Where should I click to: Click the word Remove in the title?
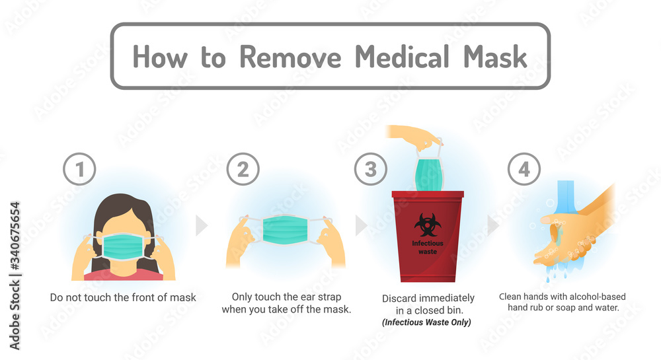click(x=290, y=57)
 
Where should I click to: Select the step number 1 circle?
click(x=80, y=170)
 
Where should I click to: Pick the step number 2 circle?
click(x=243, y=170)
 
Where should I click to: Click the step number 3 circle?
click(x=371, y=170)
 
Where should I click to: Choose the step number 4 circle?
click(x=524, y=170)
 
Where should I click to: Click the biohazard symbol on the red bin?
click(x=428, y=225)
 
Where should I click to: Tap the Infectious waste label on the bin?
click(x=428, y=247)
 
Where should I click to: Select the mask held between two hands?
click(x=285, y=230)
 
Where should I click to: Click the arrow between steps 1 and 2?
click(x=202, y=225)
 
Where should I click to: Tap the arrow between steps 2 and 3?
click(x=362, y=225)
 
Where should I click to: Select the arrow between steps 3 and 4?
click(x=493, y=225)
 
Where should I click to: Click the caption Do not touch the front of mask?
click(x=123, y=297)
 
